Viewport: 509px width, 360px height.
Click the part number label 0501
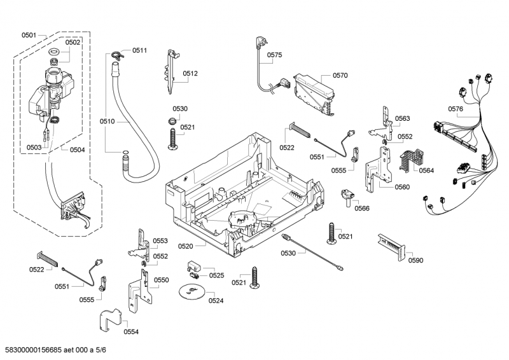click(29, 35)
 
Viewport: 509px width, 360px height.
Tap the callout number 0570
click(340, 75)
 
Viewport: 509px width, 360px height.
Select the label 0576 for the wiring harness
click(456, 109)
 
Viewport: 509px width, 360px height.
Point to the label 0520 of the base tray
click(185, 246)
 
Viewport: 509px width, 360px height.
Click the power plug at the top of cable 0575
click(260, 43)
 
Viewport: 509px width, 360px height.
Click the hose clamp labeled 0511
click(116, 55)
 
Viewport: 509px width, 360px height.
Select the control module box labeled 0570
click(314, 95)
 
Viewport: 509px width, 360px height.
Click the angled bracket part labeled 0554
click(110, 321)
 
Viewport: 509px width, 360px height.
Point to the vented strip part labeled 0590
click(392, 247)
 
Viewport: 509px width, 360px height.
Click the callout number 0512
click(190, 73)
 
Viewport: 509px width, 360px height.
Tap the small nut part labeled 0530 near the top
click(172, 121)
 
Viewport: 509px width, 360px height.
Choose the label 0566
click(362, 208)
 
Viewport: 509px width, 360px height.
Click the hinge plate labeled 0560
click(378, 169)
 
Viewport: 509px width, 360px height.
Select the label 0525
click(216, 275)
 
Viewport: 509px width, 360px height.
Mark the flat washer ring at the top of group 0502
click(54, 52)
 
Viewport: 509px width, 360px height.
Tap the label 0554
click(131, 331)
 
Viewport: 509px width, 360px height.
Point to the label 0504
click(77, 149)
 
